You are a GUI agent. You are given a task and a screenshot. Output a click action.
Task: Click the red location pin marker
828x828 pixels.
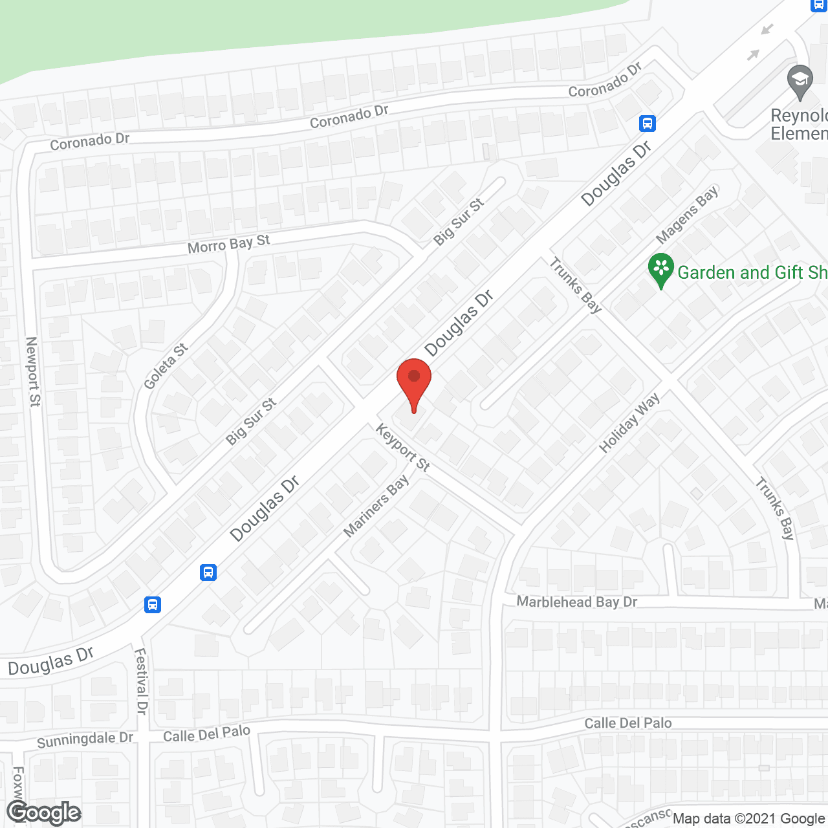(414, 382)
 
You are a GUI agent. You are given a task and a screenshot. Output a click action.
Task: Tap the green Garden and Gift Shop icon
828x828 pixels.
(660, 270)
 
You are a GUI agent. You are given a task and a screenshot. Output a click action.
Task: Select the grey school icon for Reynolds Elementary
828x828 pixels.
(800, 82)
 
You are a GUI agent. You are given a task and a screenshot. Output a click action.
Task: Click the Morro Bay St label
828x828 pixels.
(228, 244)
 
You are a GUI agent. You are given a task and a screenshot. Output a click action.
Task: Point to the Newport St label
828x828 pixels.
(32, 371)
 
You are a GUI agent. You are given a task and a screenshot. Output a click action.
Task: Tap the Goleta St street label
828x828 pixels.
(166, 366)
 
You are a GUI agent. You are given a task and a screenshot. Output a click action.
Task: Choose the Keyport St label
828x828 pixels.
(402, 447)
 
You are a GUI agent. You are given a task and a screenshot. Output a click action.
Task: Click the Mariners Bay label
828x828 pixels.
(376, 506)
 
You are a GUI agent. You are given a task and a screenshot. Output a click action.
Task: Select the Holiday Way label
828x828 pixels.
(629, 422)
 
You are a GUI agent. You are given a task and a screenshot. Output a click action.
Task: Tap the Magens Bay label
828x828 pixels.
(687, 215)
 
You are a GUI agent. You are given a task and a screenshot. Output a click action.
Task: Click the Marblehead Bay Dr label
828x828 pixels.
(576, 602)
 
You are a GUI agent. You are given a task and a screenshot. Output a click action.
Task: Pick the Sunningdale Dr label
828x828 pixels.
(85, 739)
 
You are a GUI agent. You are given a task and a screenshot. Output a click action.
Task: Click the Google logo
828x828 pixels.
(44, 812)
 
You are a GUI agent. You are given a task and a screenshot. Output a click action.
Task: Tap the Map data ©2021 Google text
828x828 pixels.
(749, 818)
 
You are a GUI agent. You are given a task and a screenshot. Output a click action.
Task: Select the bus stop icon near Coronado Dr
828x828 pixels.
(648, 123)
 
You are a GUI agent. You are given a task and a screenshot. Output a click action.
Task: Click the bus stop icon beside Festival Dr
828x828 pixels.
(153, 605)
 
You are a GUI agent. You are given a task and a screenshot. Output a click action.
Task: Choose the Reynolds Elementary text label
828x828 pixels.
(799, 124)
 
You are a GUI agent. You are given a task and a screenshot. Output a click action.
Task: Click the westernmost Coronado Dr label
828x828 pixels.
(90, 141)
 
